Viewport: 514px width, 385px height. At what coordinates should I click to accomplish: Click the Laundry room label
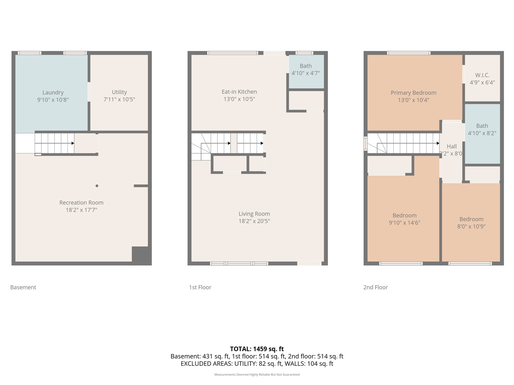(x=53, y=93)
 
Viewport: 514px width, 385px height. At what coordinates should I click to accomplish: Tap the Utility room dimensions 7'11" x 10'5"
(x=119, y=99)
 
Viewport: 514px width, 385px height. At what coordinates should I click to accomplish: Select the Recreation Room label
(x=81, y=202)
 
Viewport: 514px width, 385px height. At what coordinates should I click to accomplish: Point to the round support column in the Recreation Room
(x=97, y=186)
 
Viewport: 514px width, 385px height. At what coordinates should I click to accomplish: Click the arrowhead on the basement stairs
(x=73, y=143)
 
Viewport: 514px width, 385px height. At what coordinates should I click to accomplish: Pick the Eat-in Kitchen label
(x=239, y=92)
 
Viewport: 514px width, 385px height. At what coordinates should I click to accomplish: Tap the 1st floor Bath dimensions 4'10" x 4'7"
(x=306, y=73)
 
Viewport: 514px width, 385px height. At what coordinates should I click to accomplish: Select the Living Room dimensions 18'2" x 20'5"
(x=254, y=221)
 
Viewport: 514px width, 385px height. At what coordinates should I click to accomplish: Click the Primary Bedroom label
(x=413, y=93)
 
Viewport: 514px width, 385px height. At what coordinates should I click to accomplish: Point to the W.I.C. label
(x=482, y=75)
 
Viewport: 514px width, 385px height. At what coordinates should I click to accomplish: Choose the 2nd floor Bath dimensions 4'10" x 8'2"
(x=482, y=133)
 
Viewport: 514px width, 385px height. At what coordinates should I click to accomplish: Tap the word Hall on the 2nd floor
(x=452, y=146)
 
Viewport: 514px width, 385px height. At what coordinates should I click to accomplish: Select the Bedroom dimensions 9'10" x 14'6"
(x=404, y=223)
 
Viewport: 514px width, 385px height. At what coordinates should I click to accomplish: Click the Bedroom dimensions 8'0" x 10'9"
(x=471, y=226)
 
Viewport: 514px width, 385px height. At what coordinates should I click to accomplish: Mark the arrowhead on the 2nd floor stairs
(x=438, y=143)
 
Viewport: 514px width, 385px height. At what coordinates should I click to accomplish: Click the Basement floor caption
(x=23, y=287)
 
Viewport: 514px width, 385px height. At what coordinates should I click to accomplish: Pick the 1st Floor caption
(x=200, y=287)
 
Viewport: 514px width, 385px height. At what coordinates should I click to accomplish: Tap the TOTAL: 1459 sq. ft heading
(x=257, y=349)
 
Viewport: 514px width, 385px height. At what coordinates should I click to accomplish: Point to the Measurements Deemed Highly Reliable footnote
(x=257, y=374)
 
